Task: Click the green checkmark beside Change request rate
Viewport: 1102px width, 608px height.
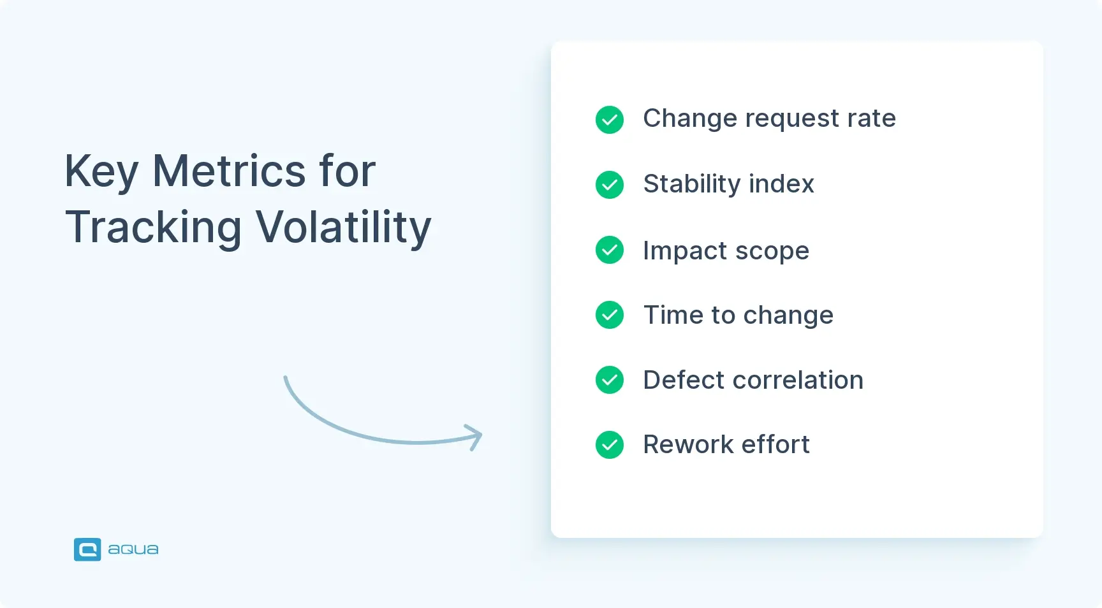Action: [610, 120]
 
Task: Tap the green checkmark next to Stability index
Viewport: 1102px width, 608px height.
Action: [610, 185]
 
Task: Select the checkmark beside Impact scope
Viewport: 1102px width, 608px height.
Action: [610, 250]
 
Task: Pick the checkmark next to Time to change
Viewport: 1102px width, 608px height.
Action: [610, 315]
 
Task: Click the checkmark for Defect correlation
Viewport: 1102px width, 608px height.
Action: [610, 380]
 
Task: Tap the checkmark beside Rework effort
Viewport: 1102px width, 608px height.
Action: [610, 445]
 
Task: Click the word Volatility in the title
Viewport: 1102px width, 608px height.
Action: [344, 228]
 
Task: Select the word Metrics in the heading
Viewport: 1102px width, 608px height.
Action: [229, 171]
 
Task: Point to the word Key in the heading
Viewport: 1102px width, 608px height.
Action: [101, 171]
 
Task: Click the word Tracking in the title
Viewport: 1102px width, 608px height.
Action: [154, 228]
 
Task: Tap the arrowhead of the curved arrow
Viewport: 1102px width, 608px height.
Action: [475, 437]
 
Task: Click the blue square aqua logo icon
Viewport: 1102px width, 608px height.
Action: [87, 549]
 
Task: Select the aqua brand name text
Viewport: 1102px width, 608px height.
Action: [133, 549]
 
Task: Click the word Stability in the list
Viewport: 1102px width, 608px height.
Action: [692, 184]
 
